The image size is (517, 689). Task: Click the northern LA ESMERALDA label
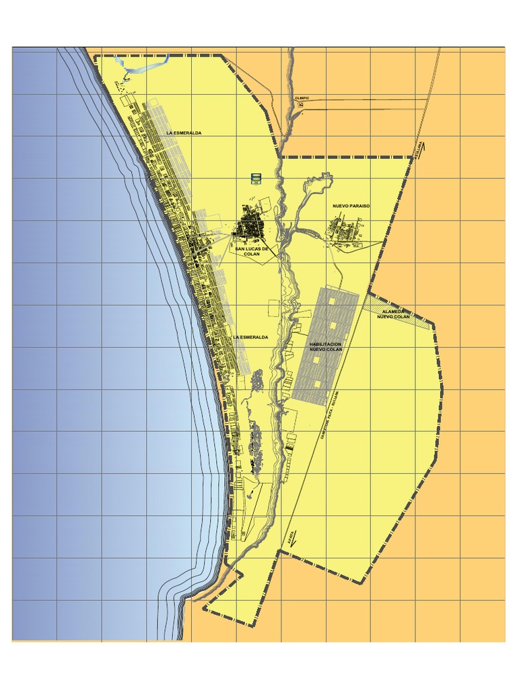click(x=184, y=133)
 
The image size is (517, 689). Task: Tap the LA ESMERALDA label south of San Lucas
click(x=250, y=336)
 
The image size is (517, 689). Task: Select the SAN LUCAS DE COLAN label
click(x=252, y=251)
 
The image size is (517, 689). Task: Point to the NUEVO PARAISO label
click(x=351, y=206)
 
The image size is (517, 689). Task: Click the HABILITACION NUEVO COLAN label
click(x=326, y=347)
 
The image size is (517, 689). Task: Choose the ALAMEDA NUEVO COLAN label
click(x=393, y=314)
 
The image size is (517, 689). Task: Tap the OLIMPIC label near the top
click(x=302, y=98)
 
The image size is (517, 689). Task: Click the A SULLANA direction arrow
click(x=419, y=147)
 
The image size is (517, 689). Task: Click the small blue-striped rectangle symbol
click(x=255, y=177)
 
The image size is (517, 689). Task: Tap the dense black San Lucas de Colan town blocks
click(x=250, y=225)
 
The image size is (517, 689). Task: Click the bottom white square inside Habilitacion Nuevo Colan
click(x=316, y=384)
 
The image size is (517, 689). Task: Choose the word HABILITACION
click(x=326, y=344)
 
